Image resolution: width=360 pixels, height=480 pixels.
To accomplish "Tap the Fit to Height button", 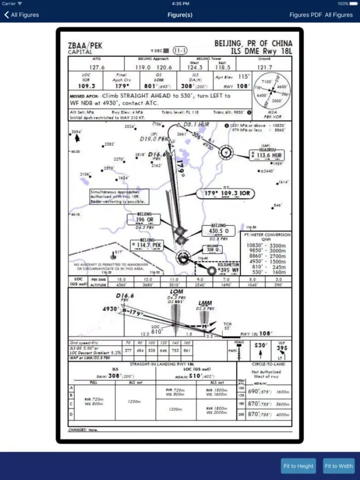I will click(299, 466).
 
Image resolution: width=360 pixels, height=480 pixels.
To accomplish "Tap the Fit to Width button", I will click(339, 466).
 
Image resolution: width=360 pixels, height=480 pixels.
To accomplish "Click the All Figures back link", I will click(22, 15).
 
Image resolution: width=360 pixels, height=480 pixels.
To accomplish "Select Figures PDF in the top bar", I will click(305, 15).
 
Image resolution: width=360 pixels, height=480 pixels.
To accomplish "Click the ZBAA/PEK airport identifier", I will click(85, 46).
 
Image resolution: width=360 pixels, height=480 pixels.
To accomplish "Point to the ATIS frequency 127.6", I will click(96, 67).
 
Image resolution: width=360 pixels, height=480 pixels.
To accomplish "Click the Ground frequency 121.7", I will click(264, 67).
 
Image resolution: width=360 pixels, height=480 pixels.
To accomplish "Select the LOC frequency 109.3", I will click(86, 86).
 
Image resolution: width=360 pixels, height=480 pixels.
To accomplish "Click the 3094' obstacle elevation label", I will click(77, 132).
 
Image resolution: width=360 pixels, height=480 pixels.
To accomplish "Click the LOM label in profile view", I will click(176, 291).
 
